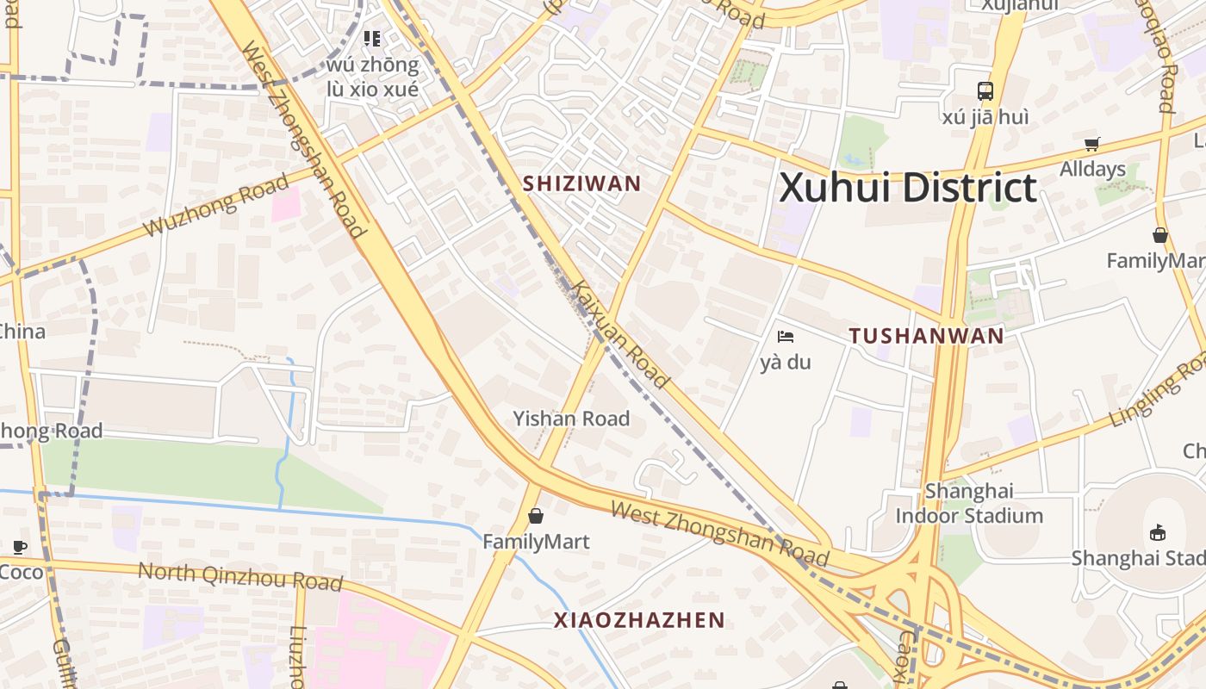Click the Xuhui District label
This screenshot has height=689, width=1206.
tap(907, 189)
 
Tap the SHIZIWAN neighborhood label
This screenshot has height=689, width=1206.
tap(582, 183)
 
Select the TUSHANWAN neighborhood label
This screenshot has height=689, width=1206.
tap(927, 336)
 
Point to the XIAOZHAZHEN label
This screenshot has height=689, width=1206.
tap(639, 620)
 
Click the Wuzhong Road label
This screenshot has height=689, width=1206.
tap(216, 205)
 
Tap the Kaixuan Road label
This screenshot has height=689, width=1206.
tap(620, 333)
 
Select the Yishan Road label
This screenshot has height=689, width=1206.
tap(572, 419)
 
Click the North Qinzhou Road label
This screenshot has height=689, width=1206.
tap(240, 575)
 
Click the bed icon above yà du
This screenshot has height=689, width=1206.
tap(785, 337)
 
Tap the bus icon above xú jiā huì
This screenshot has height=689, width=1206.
tap(985, 90)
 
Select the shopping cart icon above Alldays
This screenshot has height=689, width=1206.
tap(1092, 144)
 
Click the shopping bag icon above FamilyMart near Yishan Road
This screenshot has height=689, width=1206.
tap(536, 516)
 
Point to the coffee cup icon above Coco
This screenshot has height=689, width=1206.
tap(20, 547)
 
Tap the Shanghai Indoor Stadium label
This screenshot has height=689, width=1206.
tap(969, 504)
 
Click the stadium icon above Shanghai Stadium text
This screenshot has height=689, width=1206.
tap(1158, 532)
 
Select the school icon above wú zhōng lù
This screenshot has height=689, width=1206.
tap(372, 38)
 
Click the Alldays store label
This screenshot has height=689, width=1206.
tap(1092, 169)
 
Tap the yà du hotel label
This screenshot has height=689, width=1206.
tap(786, 362)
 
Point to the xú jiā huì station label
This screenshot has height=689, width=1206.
tap(985, 116)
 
